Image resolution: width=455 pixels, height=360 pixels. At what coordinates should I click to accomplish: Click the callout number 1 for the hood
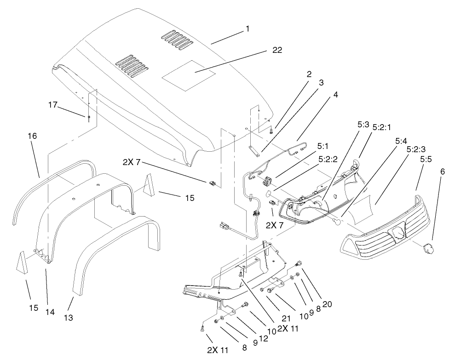[x=248, y=29]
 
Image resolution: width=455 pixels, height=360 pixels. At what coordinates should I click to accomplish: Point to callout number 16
[x=32, y=136]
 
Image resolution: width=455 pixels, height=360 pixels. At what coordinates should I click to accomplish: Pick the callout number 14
[x=50, y=312]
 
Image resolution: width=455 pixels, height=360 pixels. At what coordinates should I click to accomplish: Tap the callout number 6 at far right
[x=443, y=171]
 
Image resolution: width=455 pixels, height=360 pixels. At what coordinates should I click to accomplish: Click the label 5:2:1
[x=381, y=127]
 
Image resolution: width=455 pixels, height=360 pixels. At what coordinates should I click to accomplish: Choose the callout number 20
[x=327, y=304]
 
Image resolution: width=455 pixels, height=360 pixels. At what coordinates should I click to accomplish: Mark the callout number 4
[x=336, y=95]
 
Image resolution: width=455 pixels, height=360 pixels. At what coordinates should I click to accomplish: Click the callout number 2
[x=309, y=74]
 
